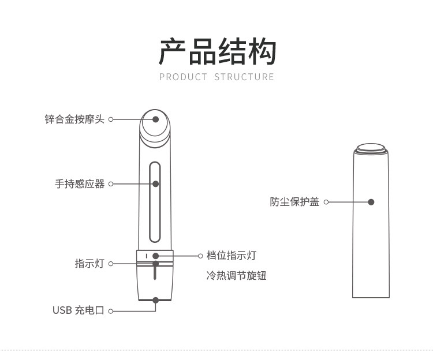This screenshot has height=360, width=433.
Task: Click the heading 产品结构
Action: coord(217,51)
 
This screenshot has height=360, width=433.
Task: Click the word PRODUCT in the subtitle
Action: coord(183,77)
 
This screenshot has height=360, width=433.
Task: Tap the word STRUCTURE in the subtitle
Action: coord(244,77)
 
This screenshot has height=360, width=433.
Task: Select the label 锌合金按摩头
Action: coord(74,119)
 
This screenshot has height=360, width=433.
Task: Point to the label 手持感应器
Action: coord(80,184)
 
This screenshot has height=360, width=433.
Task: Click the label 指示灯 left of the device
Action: coord(89,264)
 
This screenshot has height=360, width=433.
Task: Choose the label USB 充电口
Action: coord(79,310)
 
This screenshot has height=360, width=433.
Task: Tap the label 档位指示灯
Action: coord(232,256)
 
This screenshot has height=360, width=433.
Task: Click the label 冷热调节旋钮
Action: coord(236,276)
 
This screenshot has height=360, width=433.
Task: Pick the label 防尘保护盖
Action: coord(294,202)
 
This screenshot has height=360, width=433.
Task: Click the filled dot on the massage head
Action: coord(156,119)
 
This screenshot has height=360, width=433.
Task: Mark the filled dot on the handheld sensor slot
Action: coord(156,183)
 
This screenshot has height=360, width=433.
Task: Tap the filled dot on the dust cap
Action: coord(371,202)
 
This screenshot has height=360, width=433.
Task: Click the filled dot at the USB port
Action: coord(156,300)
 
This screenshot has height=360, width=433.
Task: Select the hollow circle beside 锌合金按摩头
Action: coord(111,119)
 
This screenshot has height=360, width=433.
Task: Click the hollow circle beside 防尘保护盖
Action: coord(326,202)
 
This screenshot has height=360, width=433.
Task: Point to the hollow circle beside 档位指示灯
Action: coord(200,256)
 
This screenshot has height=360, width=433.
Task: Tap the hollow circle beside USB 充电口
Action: coord(111,311)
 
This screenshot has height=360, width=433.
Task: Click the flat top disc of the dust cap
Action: coord(371,147)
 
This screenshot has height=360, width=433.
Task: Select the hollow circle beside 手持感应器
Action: coord(111,184)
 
